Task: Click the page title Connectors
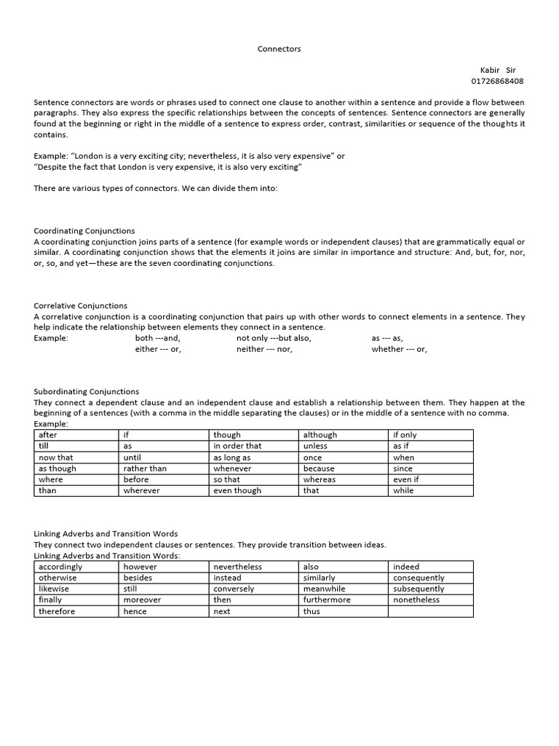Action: click(x=279, y=49)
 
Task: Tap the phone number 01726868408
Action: click(x=497, y=81)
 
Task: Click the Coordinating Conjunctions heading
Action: click(x=84, y=231)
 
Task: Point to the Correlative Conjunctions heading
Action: click(x=81, y=306)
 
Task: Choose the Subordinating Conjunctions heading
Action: click(x=87, y=391)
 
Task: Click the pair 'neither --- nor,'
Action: click(x=264, y=349)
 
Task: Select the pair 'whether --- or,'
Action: click(x=399, y=349)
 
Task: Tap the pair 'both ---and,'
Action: click(x=158, y=338)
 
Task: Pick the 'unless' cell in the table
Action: click(x=344, y=446)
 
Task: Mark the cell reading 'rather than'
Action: click(x=163, y=468)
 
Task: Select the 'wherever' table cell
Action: click(x=163, y=490)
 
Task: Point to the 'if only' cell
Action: click(x=431, y=435)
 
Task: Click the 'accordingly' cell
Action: click(x=76, y=567)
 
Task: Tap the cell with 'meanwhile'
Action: click(x=344, y=589)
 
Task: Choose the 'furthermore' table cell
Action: click(x=344, y=600)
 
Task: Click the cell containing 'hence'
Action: click(x=163, y=611)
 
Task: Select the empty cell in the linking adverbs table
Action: click(x=431, y=611)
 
